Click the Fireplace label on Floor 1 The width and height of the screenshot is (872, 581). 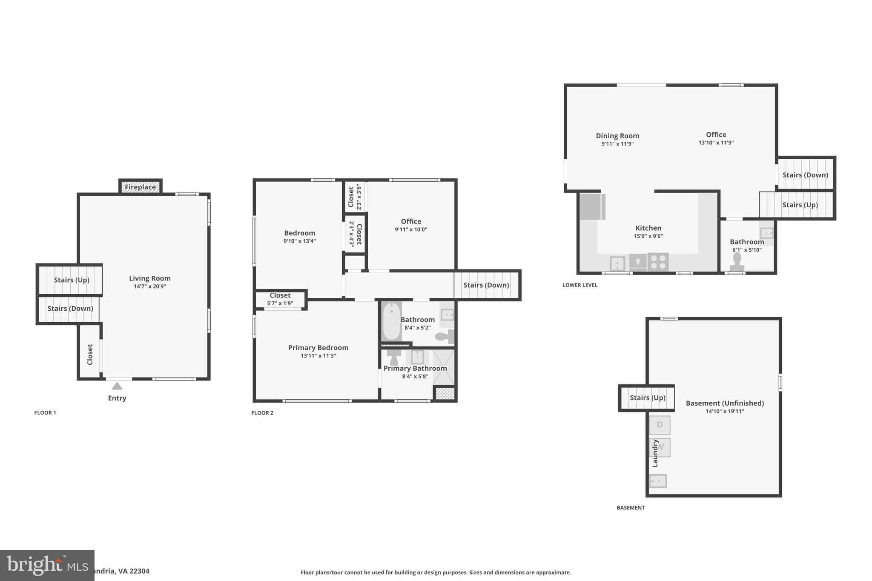tap(140, 187)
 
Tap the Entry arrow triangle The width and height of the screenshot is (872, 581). tap(117, 386)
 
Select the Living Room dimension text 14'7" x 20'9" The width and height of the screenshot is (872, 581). tap(150, 286)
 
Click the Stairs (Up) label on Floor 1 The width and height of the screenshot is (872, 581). tap(72, 280)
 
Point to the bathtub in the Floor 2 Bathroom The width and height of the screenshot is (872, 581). tap(391, 321)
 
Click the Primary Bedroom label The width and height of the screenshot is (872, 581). tap(318, 348)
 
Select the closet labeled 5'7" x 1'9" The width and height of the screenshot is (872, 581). tap(280, 299)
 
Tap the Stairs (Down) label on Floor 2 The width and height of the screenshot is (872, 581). tap(486, 285)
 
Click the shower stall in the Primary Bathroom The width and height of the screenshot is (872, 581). tap(444, 367)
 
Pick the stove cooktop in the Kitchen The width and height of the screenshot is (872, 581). tap(658, 262)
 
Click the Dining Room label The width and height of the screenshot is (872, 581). tap(617, 136)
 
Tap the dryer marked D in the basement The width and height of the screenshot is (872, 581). tap(660, 425)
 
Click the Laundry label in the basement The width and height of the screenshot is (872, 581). tap(655, 453)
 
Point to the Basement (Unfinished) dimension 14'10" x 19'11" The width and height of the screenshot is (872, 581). tap(725, 411)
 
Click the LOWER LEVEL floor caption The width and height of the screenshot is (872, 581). tap(579, 285)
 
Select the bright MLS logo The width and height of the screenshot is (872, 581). tap(47, 565)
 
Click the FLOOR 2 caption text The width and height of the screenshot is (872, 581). tap(262, 413)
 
